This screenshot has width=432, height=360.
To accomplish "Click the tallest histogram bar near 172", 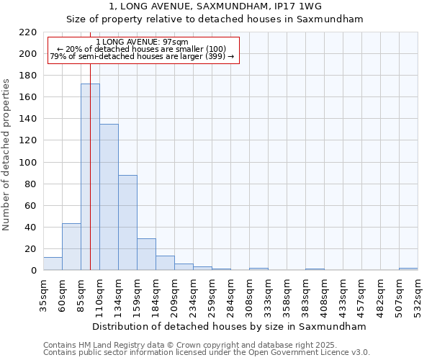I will pyautogui.click(x=90, y=177).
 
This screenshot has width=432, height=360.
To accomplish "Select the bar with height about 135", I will pyautogui.click(x=109, y=197).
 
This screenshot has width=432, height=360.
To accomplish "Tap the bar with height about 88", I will pyautogui.click(x=127, y=222).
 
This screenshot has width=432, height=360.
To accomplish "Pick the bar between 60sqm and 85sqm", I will pyautogui.click(x=71, y=247).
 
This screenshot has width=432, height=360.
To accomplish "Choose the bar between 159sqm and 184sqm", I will pyautogui.click(x=146, y=254).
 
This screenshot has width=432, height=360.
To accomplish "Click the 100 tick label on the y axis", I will pyautogui.click(x=27, y=163).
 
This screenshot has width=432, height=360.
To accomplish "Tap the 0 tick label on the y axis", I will pyautogui.click(x=33, y=271).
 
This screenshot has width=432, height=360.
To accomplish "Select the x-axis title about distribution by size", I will pyautogui.click(x=230, y=326).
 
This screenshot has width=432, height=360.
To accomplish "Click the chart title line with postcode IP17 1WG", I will pyautogui.click(x=215, y=6).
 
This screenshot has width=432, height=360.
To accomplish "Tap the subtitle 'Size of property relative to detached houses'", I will pyautogui.click(x=215, y=19).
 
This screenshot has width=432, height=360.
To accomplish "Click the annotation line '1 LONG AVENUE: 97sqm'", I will pyautogui.click(x=142, y=42).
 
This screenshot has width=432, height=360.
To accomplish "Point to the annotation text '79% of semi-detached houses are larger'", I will pyautogui.click(x=142, y=56).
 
